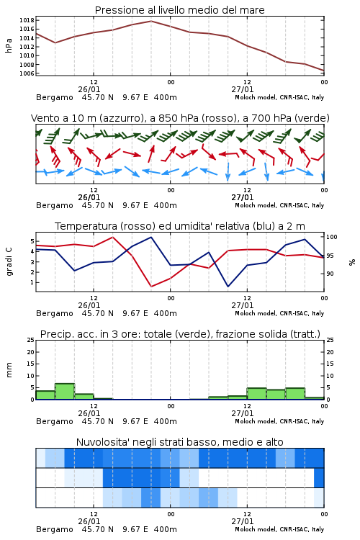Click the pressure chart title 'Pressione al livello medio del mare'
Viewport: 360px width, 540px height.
[x=179, y=10]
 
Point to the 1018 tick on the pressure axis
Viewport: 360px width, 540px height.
[x=27, y=20]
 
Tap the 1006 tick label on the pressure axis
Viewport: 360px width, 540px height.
[x=27, y=73]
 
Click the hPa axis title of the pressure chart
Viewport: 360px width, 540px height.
[x=9, y=45]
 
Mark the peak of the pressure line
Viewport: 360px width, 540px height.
[x=151, y=21]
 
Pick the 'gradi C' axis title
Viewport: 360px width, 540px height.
[x=9, y=261]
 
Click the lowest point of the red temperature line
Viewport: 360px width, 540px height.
[x=151, y=286]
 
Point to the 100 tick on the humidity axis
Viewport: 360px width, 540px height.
[x=332, y=237]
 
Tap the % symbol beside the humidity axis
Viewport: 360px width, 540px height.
[x=352, y=262]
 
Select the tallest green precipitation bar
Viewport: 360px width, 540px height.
[x=65, y=392]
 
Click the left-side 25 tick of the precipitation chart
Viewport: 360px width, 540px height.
[x=31, y=340]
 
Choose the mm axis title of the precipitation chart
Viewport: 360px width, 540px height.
[x=9, y=370]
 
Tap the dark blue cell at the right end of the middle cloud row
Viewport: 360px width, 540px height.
[x=319, y=477]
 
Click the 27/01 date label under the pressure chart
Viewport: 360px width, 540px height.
[x=243, y=89]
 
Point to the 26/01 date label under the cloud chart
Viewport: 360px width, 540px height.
[x=89, y=521]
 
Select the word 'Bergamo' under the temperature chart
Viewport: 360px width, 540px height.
[x=55, y=313]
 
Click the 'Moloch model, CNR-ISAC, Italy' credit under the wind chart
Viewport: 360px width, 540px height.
[x=279, y=205]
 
